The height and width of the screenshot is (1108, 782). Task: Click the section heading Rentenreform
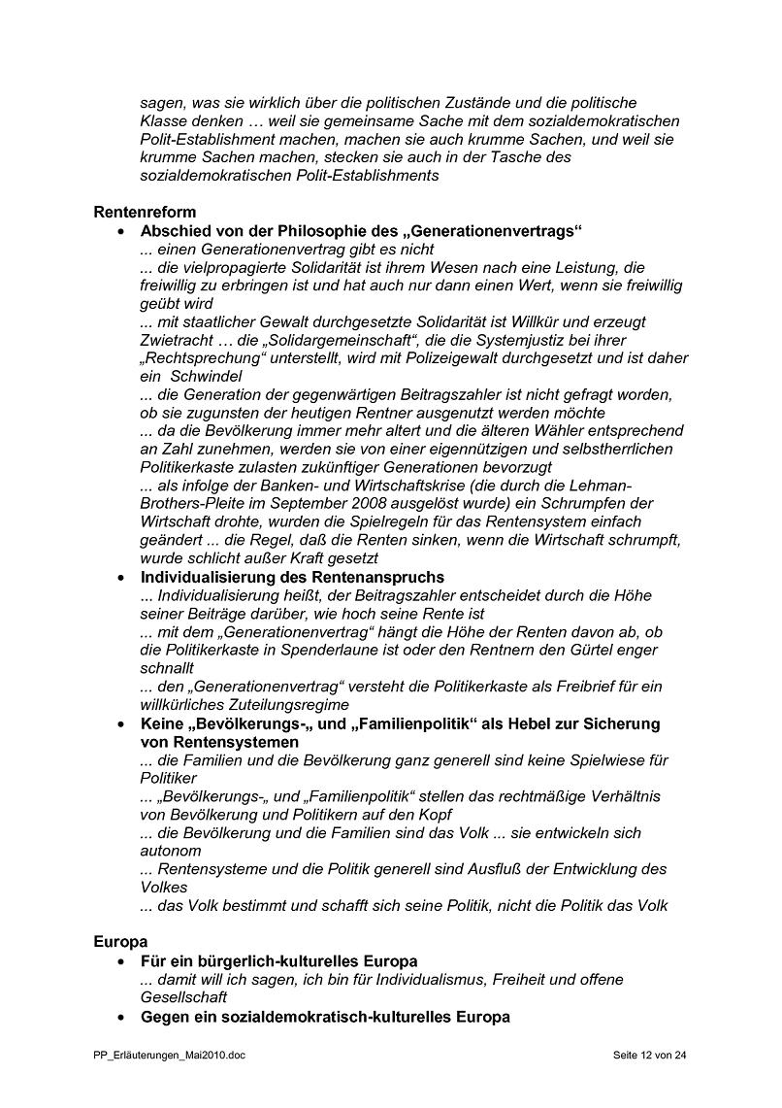[x=145, y=212]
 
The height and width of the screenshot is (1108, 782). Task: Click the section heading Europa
[x=120, y=942]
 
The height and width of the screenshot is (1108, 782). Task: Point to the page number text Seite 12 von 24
[x=650, y=1055]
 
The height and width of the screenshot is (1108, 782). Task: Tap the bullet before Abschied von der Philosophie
[x=120, y=231]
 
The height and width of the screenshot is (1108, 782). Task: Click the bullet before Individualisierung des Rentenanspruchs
[x=120, y=578]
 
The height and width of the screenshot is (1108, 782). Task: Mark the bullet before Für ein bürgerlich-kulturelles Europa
[x=120, y=961]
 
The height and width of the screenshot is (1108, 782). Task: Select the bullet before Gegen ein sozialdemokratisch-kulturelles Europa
[x=120, y=1017]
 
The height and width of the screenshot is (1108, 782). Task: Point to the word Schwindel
[x=204, y=376]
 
